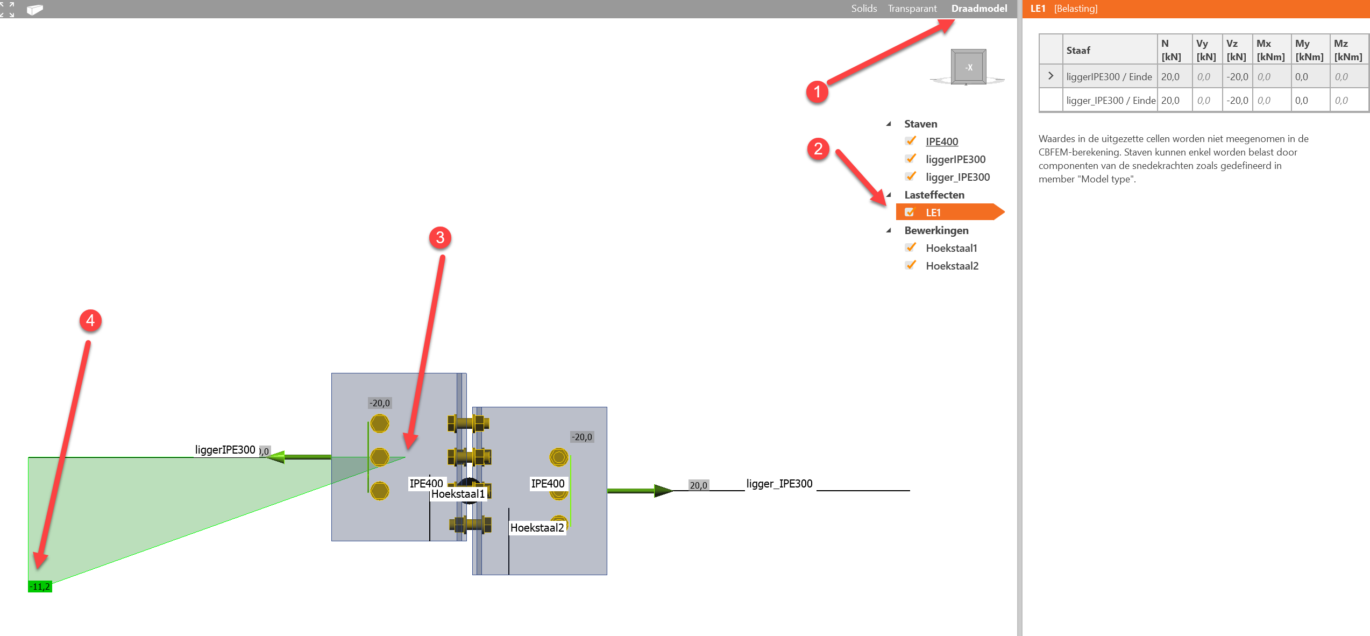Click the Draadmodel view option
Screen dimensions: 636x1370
click(979, 9)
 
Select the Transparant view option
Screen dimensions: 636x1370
click(912, 9)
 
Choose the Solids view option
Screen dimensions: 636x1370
click(864, 9)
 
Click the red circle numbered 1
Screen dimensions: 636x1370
click(817, 91)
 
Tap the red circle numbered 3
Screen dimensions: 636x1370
click(440, 237)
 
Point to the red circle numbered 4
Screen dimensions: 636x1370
click(90, 321)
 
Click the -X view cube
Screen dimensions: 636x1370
click(968, 67)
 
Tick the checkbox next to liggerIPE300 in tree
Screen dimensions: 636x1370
click(911, 159)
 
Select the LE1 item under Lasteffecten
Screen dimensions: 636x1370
click(933, 213)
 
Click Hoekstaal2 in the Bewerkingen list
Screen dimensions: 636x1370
click(952, 266)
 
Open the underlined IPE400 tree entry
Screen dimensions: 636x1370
click(941, 142)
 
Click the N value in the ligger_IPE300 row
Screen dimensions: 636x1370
click(1170, 101)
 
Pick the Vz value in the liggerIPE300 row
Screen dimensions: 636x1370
click(1237, 77)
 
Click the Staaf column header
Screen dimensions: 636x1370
click(1078, 50)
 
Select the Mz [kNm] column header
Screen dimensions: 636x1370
click(1348, 50)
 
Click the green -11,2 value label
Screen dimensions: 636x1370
click(40, 586)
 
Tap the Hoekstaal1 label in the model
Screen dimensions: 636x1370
click(458, 494)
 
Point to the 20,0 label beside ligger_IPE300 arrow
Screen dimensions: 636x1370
click(698, 485)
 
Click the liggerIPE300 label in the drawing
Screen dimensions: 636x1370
click(225, 450)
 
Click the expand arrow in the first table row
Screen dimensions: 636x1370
click(1050, 76)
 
